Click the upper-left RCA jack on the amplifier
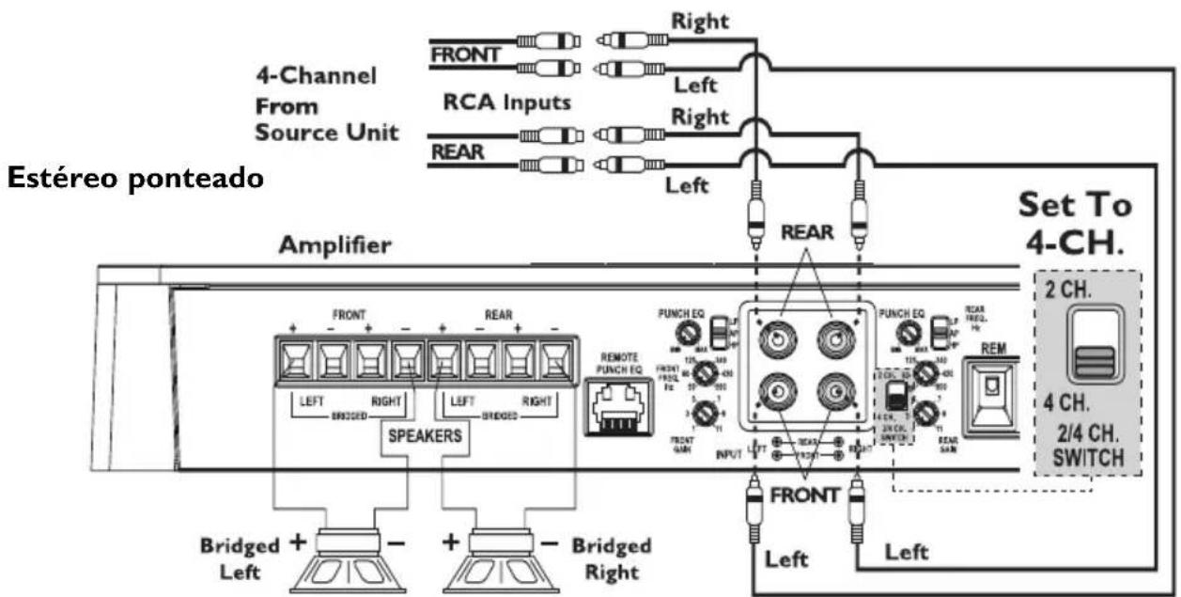[776, 337]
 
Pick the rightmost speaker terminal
[553, 359]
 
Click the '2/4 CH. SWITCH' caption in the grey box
[1094, 447]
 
